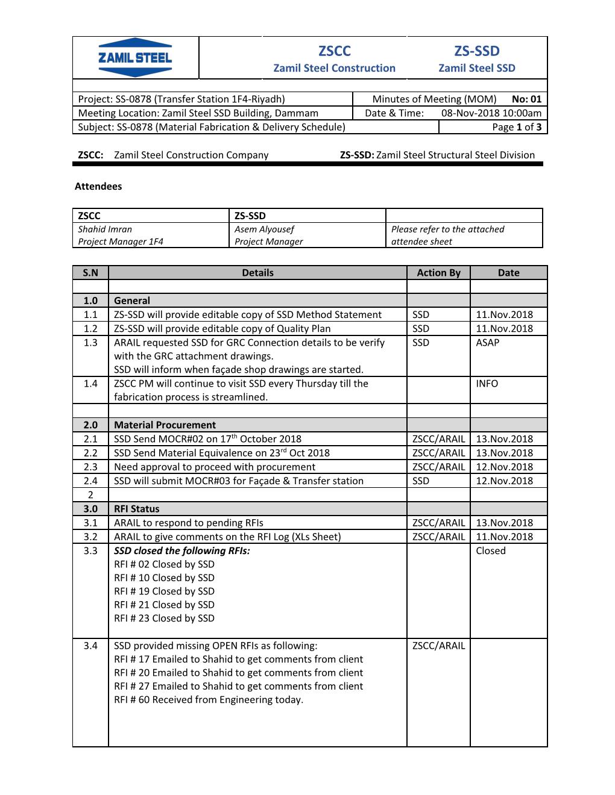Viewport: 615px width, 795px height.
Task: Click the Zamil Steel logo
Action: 135,58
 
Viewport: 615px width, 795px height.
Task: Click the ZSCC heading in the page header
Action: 334,51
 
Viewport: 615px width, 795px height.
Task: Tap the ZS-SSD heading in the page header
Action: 476,51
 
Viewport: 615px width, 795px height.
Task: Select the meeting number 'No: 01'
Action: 526,99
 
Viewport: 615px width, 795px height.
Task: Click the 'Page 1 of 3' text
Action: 517,126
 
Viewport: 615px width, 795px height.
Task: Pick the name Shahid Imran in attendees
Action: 105,229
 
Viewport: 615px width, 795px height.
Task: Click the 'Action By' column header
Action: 438,272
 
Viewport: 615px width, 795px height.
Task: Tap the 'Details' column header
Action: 257,272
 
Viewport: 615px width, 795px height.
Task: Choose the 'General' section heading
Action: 132,300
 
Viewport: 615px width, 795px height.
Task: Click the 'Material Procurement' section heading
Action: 165,425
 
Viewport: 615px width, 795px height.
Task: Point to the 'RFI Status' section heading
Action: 137,508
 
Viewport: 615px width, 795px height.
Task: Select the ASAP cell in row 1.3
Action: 487,342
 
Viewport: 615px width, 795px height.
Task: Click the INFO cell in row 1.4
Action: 487,383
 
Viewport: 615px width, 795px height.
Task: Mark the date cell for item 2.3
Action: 504,467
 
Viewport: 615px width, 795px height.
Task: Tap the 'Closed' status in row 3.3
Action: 490,550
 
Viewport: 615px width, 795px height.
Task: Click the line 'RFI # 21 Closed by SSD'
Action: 164,605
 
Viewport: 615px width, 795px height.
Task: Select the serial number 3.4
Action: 90,646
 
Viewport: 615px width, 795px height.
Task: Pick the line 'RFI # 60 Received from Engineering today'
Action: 209,699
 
